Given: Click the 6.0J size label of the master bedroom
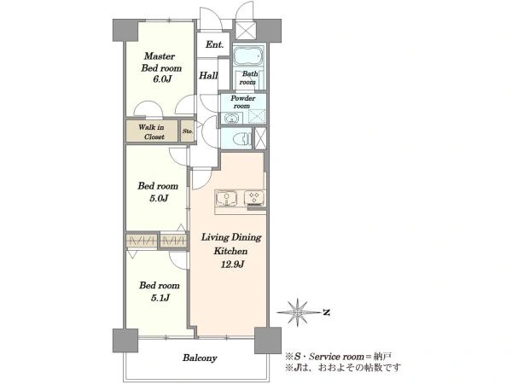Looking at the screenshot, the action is click(x=162, y=79).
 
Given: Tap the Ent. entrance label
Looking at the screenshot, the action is click(x=214, y=44).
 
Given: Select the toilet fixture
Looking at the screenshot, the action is click(x=242, y=138).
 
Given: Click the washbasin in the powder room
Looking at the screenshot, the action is click(x=232, y=118).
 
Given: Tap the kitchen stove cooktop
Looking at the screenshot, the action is click(x=254, y=198).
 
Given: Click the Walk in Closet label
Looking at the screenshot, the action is click(x=152, y=131).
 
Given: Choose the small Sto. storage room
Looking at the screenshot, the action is click(x=188, y=131).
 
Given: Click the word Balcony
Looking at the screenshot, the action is click(x=200, y=358).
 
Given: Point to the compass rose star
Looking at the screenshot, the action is click(x=298, y=312).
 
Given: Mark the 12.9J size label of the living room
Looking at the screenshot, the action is click(x=232, y=264).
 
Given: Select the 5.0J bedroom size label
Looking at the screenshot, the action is click(x=159, y=198).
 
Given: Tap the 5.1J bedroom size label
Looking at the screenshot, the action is click(x=160, y=298).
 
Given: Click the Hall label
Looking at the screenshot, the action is click(x=208, y=75).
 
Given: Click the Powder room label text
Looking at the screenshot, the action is click(x=243, y=102).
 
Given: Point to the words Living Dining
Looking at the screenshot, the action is click(x=231, y=237).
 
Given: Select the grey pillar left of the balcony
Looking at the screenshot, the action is click(x=125, y=340).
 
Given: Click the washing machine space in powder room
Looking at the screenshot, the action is click(x=257, y=117).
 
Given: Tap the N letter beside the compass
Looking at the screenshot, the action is click(x=326, y=312).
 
